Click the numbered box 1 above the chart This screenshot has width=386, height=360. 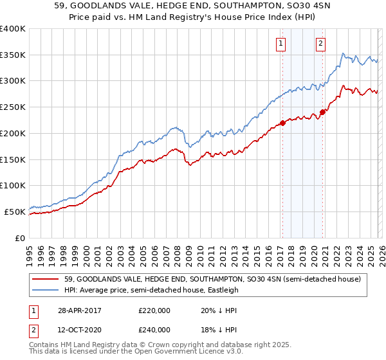[282, 44]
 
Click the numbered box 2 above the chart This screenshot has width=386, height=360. [320, 44]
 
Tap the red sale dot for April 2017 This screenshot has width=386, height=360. [282, 123]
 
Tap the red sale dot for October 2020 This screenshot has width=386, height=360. [322, 112]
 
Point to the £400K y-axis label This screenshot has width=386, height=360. [13, 29]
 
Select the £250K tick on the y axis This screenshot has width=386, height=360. [13, 107]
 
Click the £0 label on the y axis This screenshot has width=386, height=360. [19, 238]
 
